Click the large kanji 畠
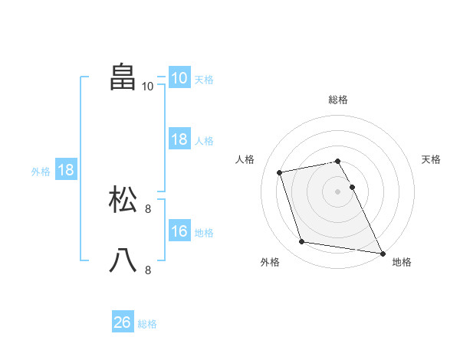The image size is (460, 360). click(x=123, y=77)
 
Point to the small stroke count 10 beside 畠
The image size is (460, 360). click(x=147, y=86)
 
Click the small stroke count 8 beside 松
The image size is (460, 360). click(x=147, y=208)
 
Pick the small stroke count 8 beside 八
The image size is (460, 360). click(x=147, y=270)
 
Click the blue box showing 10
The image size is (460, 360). click(x=179, y=78)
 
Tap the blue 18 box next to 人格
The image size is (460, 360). click(x=179, y=139)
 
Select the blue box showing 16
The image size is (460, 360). click(x=179, y=231)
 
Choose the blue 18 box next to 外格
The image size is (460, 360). click(x=66, y=170)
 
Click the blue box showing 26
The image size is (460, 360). click(x=122, y=322)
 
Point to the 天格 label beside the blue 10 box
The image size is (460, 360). click(x=204, y=80)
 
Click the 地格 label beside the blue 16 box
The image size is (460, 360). click(x=204, y=233)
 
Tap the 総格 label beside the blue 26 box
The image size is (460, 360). click(x=147, y=324)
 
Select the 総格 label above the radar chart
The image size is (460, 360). click(x=338, y=100)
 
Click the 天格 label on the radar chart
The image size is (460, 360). click(x=432, y=159)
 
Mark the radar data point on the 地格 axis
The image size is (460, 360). click(x=382, y=252)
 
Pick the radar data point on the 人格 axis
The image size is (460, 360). click(x=280, y=172)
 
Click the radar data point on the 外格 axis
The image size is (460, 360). click(x=302, y=242)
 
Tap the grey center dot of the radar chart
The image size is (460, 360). click(x=338, y=191)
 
